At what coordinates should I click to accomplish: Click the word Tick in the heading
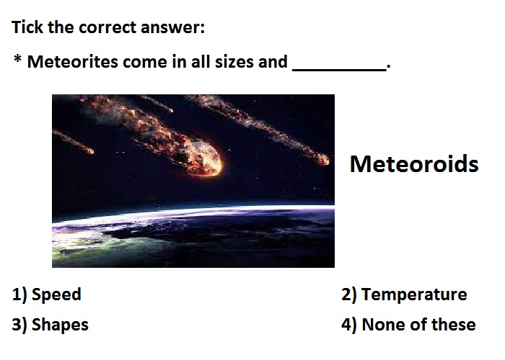click(27, 27)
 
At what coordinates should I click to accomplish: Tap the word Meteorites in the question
click(72, 61)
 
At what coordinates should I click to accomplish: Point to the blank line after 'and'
click(340, 69)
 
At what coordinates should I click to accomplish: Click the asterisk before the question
click(18, 59)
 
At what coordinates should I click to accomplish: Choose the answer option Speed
click(56, 294)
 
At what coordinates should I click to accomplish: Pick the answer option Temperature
click(414, 294)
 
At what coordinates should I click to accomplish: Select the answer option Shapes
click(60, 325)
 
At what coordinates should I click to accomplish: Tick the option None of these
click(418, 324)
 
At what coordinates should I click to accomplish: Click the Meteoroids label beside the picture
click(414, 164)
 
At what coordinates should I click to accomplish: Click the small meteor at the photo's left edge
click(87, 149)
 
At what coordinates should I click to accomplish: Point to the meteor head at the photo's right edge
click(322, 159)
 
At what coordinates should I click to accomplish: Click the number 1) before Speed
click(19, 294)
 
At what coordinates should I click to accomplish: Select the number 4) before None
click(349, 325)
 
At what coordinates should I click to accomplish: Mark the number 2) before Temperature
click(349, 294)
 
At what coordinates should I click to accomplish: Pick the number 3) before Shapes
click(19, 325)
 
